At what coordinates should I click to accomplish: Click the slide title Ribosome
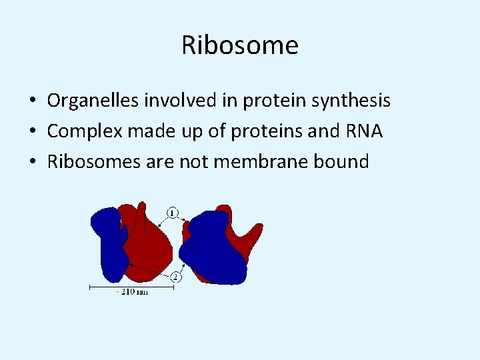click(240, 45)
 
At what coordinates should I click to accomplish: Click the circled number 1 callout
click(172, 213)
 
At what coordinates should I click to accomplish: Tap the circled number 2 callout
click(175, 277)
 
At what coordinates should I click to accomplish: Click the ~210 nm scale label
click(131, 292)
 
